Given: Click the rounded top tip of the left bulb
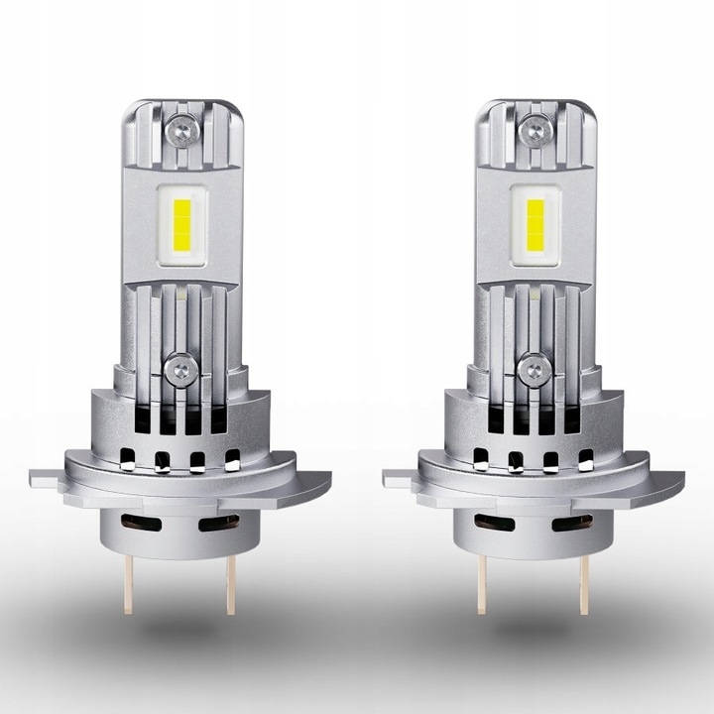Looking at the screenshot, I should coord(180,102).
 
